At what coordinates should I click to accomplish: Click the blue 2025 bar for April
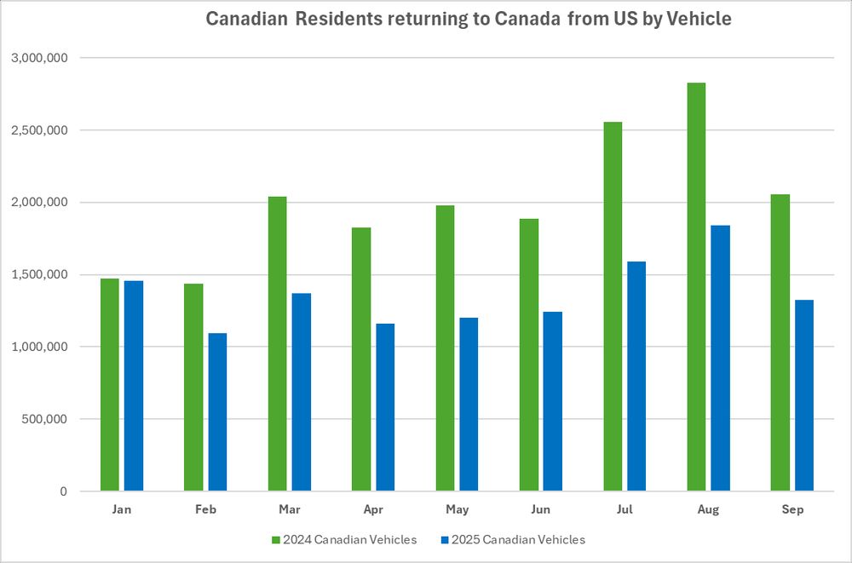click(x=385, y=406)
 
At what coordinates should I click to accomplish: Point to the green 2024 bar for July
click(x=613, y=306)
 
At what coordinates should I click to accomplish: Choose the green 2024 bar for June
click(x=528, y=354)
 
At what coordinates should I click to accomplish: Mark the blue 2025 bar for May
click(x=469, y=404)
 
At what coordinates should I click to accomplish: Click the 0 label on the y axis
click(x=63, y=491)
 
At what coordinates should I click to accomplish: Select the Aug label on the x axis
click(x=707, y=509)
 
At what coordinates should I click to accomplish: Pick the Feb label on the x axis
click(x=205, y=509)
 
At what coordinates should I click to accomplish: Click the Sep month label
click(x=792, y=509)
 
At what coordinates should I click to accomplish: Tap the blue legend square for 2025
click(x=444, y=539)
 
